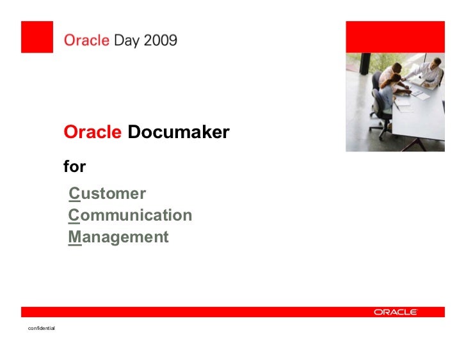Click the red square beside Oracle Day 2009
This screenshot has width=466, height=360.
(x=37, y=37)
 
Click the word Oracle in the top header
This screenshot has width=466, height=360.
(x=86, y=40)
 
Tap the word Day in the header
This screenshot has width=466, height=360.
(x=127, y=41)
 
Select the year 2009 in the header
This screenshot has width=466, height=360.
(x=161, y=40)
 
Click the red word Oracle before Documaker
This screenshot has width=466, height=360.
(x=92, y=132)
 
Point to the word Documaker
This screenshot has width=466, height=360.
(x=179, y=132)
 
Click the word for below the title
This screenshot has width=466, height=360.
(x=75, y=166)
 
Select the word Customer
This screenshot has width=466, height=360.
(x=108, y=194)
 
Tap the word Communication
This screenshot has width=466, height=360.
(x=130, y=215)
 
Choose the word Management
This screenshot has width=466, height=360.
(x=118, y=237)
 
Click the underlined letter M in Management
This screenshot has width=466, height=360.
(x=75, y=237)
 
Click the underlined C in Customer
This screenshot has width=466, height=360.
(x=75, y=194)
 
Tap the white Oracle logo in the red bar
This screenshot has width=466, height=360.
(x=396, y=312)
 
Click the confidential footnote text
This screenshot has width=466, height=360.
(x=42, y=328)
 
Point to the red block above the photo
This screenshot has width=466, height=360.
(x=396, y=37)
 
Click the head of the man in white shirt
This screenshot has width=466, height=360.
(x=436, y=62)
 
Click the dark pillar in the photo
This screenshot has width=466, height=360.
(x=365, y=63)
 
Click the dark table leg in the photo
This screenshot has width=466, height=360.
(x=415, y=145)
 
